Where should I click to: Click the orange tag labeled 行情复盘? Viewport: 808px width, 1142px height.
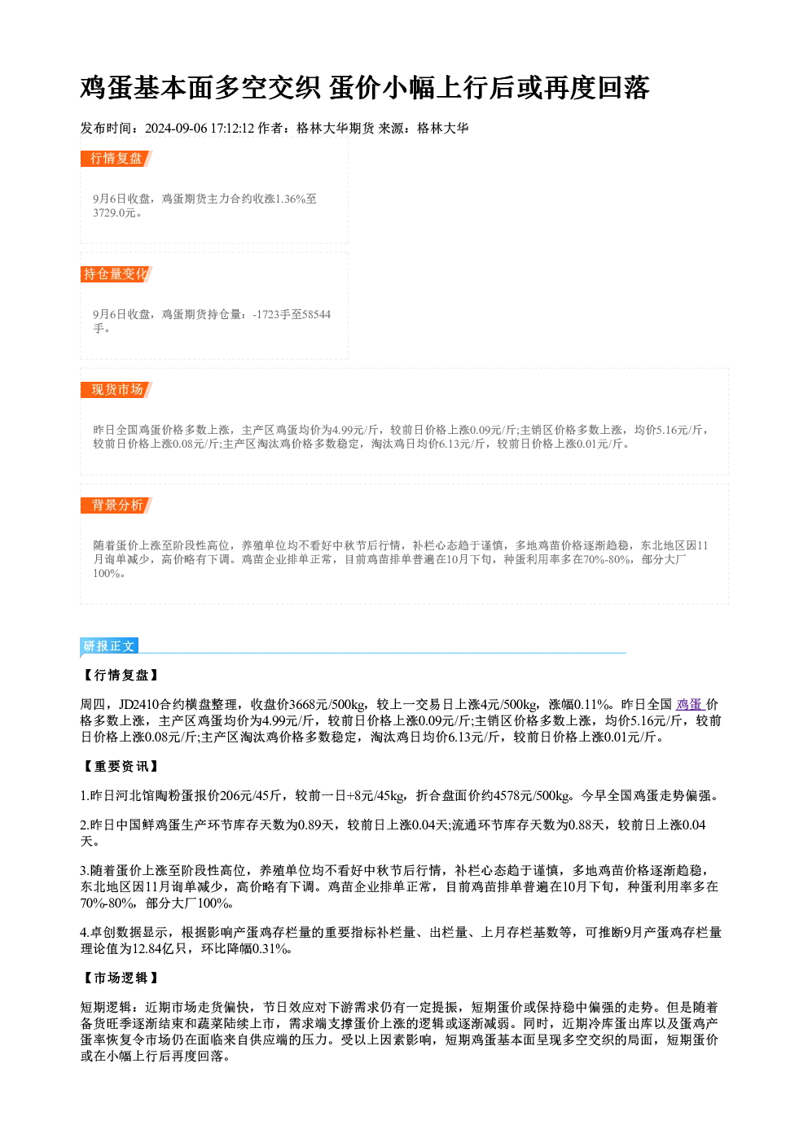pos(116,159)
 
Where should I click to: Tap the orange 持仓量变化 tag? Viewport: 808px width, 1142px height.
pos(116,274)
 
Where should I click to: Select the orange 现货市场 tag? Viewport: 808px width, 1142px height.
pos(116,390)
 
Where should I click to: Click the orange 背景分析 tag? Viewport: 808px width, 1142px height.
pos(116,505)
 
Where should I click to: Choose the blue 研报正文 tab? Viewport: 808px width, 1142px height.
pos(109,646)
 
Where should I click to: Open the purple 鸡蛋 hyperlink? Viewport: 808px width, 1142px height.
pos(690,705)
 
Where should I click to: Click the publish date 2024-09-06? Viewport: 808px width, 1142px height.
pos(176,129)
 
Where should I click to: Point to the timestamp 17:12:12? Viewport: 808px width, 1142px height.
pos(233,129)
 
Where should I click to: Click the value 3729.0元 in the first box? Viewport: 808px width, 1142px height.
pos(115,213)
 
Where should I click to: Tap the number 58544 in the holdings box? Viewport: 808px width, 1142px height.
pos(316,314)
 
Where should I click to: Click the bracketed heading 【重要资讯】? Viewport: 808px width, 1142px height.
pos(121,767)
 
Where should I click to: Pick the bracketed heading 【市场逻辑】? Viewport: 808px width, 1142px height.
pos(121,978)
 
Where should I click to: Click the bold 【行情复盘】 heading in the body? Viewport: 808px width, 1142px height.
pos(121,676)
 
